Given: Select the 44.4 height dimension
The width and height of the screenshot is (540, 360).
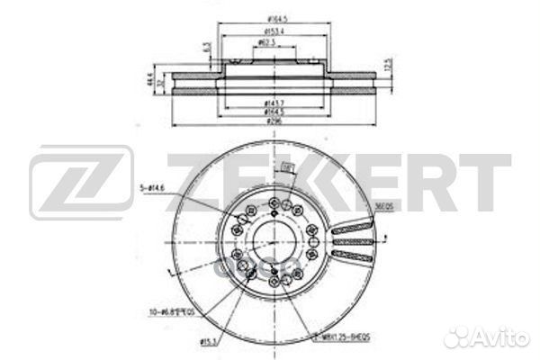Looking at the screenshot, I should click(147, 81).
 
